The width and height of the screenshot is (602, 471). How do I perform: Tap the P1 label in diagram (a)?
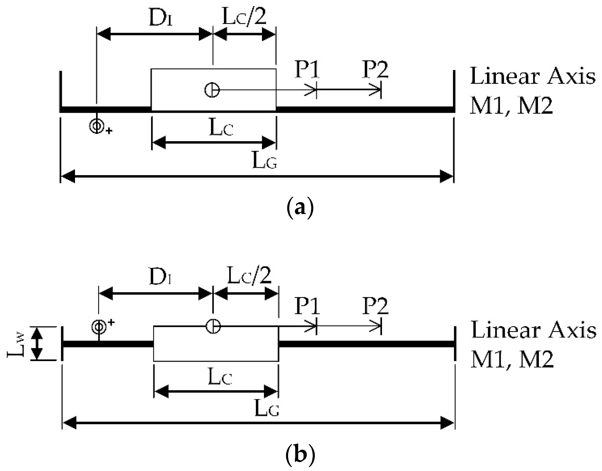(x=307, y=71)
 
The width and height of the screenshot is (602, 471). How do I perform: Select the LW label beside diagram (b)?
(x=17, y=344)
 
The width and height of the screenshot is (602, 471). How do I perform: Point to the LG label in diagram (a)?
(x=265, y=162)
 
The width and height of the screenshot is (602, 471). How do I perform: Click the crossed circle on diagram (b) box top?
(x=213, y=326)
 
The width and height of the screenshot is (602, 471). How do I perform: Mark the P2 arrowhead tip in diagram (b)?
(x=381, y=326)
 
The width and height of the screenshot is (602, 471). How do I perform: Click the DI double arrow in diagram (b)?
(x=155, y=294)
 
